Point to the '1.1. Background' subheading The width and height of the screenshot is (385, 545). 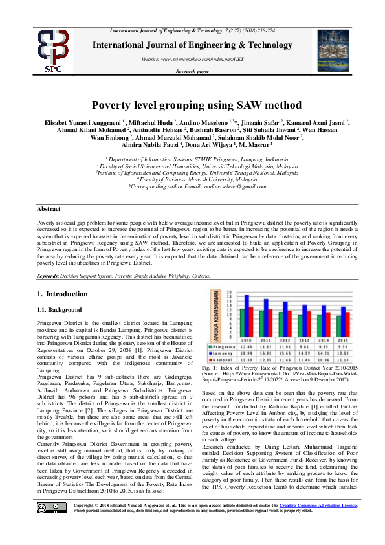tap(60, 310)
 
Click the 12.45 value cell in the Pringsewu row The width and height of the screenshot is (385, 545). tap(246, 346)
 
